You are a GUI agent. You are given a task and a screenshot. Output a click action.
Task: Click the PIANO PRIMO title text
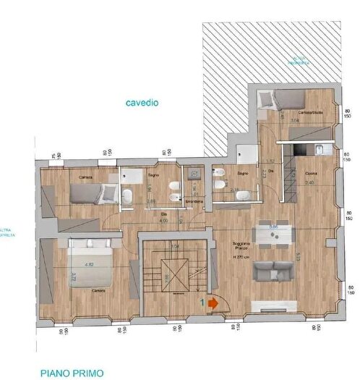[x=72, y=373]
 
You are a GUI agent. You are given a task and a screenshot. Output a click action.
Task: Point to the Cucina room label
[x=310, y=173]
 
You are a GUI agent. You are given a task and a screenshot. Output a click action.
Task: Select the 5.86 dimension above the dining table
[x=273, y=227]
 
